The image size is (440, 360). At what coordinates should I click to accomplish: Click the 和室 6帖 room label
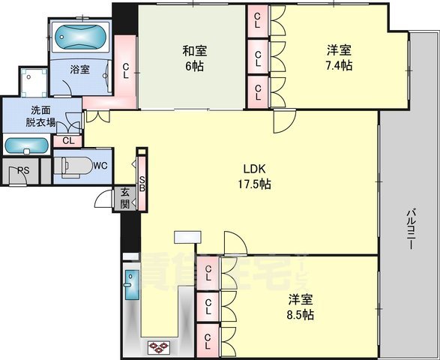point(196,58)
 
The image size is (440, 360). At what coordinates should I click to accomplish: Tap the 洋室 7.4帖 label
point(339,58)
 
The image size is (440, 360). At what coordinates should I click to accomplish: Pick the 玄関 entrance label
point(124,199)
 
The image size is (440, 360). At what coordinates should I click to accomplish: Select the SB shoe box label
point(142,183)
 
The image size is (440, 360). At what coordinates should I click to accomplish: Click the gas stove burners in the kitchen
point(158,346)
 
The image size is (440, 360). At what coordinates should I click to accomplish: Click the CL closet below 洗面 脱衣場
point(68,140)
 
